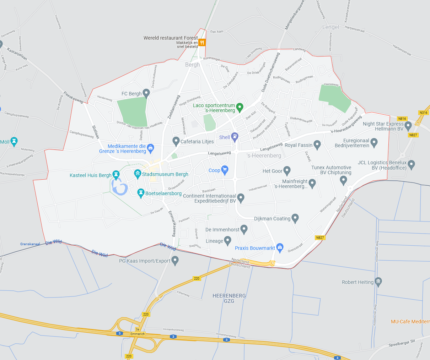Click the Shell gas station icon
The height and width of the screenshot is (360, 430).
tap(234, 136)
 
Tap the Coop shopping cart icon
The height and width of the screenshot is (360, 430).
tap(225, 169)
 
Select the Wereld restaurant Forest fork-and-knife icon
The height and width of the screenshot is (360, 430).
tap(202, 43)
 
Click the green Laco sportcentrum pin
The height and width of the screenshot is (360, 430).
tap(240, 107)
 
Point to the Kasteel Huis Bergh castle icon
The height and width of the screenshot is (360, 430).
tap(115, 174)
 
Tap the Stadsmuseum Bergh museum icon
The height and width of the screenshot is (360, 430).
tap(138, 174)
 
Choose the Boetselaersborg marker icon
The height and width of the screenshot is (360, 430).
tap(141, 193)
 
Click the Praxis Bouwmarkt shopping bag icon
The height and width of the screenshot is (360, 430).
tap(280, 247)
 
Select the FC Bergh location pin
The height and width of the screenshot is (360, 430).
tap(146, 93)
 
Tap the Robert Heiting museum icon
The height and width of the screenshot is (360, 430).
tap(378, 282)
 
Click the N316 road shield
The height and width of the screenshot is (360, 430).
tap(423, 113)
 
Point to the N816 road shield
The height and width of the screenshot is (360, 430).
tap(402, 119)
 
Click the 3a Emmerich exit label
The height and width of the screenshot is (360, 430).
tap(138, 332)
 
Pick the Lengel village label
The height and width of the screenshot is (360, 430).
tap(330, 27)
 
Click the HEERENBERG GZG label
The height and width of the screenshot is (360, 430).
tap(229, 298)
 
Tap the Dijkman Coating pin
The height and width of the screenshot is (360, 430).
tap(295, 218)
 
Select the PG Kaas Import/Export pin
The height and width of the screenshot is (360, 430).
tap(175, 261)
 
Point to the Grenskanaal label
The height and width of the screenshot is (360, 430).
tap(30, 244)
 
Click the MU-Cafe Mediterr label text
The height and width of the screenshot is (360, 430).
tap(410, 322)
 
